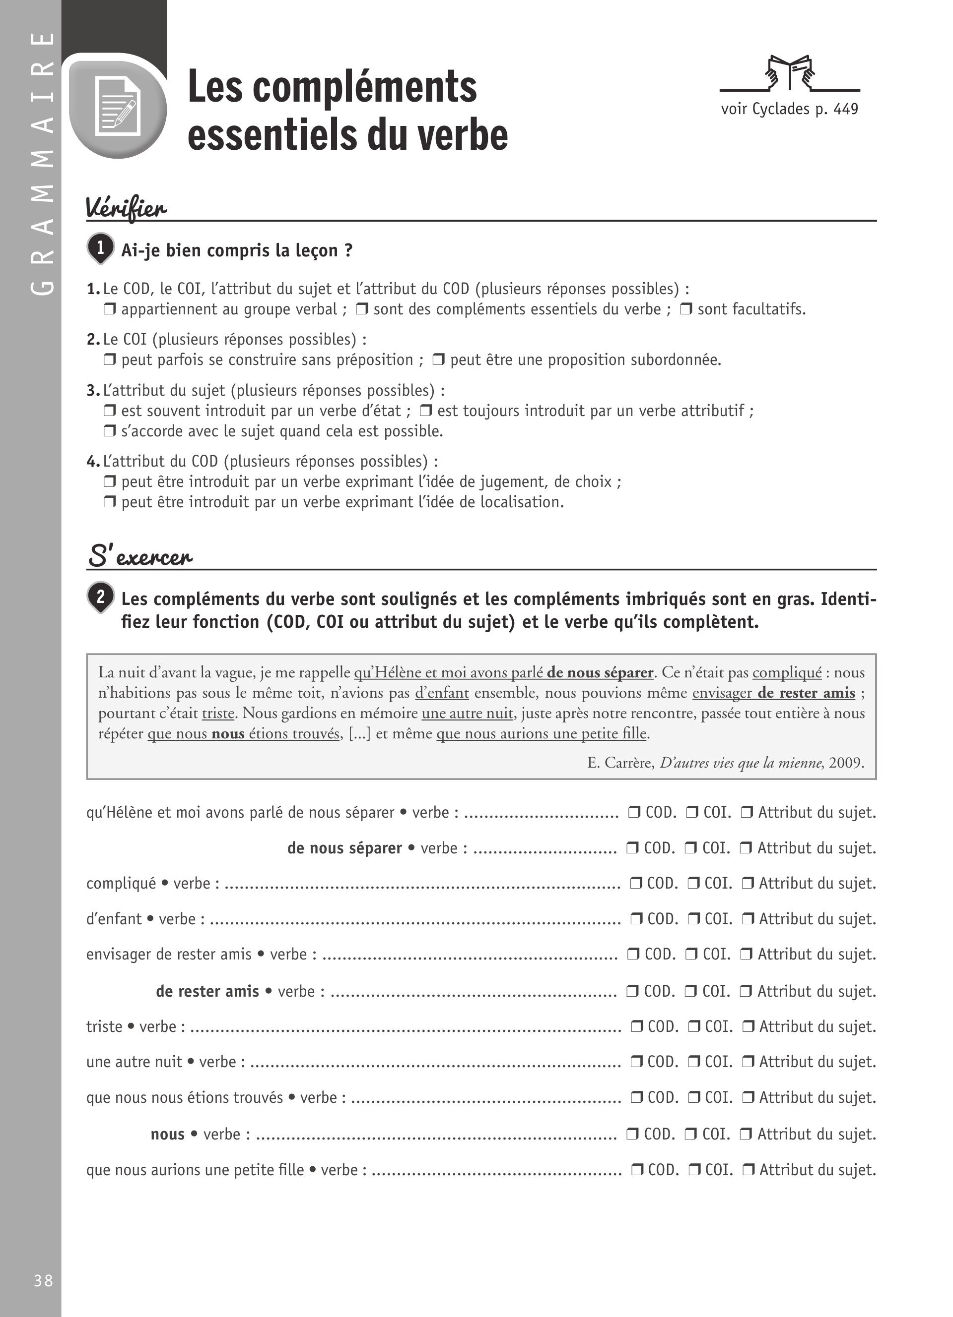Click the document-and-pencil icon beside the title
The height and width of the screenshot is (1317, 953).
click(118, 106)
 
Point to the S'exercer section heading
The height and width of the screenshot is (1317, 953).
click(139, 556)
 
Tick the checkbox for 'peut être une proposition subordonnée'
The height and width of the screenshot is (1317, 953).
click(439, 360)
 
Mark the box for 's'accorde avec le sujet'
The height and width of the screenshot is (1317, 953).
click(109, 431)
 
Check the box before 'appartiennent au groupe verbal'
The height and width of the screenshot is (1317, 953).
click(109, 309)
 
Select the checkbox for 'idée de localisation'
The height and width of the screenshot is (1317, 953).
click(109, 502)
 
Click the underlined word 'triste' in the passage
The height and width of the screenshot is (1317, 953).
click(218, 713)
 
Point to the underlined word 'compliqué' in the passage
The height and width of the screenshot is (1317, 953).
click(787, 672)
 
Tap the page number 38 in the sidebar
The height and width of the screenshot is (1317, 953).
click(44, 1280)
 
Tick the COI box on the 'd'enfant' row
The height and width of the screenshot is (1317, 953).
click(694, 919)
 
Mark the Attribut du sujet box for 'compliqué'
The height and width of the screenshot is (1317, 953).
click(749, 884)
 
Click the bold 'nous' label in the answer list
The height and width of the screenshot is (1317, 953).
click(167, 1134)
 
